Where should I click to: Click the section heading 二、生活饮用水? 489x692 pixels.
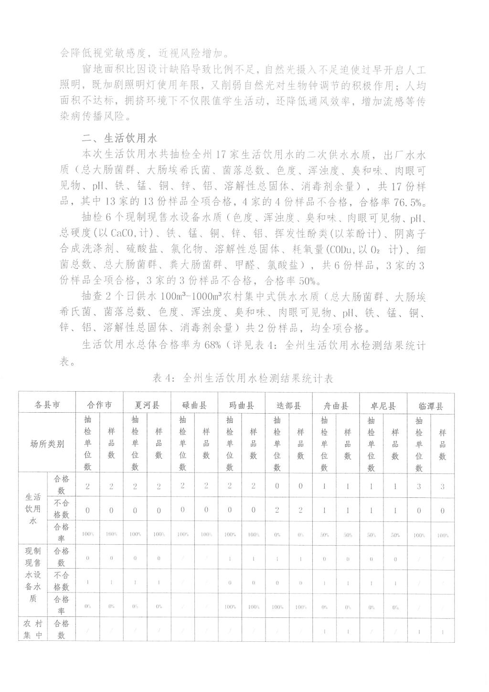[x=119, y=139]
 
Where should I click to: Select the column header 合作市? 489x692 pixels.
[x=99, y=406]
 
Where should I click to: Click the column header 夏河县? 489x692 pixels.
[x=147, y=406]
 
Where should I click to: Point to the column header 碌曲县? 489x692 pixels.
[x=194, y=406]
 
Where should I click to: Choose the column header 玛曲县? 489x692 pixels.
[x=242, y=406]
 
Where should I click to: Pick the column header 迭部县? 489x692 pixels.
[x=289, y=406]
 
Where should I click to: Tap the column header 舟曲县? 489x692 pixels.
[x=336, y=406]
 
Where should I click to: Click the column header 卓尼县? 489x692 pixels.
[x=383, y=406]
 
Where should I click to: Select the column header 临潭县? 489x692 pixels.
[x=431, y=406]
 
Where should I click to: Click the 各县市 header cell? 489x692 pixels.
[x=47, y=405]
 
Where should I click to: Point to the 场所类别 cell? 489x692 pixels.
[x=47, y=443]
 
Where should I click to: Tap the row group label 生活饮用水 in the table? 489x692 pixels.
[x=33, y=509]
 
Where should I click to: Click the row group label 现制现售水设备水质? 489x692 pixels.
[x=33, y=580]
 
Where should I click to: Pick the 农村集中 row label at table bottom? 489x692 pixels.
[x=33, y=630]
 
